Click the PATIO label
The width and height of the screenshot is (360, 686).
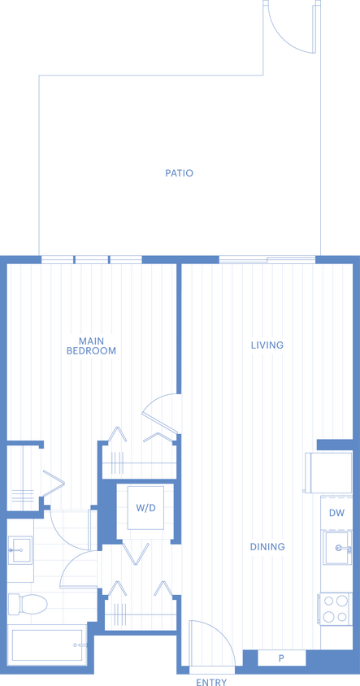179,173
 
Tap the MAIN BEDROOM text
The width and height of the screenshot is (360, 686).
91,345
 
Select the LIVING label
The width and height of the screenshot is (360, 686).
267,345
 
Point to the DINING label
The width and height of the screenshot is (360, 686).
267,547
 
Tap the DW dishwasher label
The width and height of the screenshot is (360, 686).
336,513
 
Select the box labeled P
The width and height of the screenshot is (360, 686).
281,658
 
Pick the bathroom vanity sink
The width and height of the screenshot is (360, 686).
20,550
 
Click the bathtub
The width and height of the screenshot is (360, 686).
47,647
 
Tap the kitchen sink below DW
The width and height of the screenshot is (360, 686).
336,549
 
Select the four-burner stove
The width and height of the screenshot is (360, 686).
336,609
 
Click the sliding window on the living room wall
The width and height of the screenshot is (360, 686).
267,260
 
